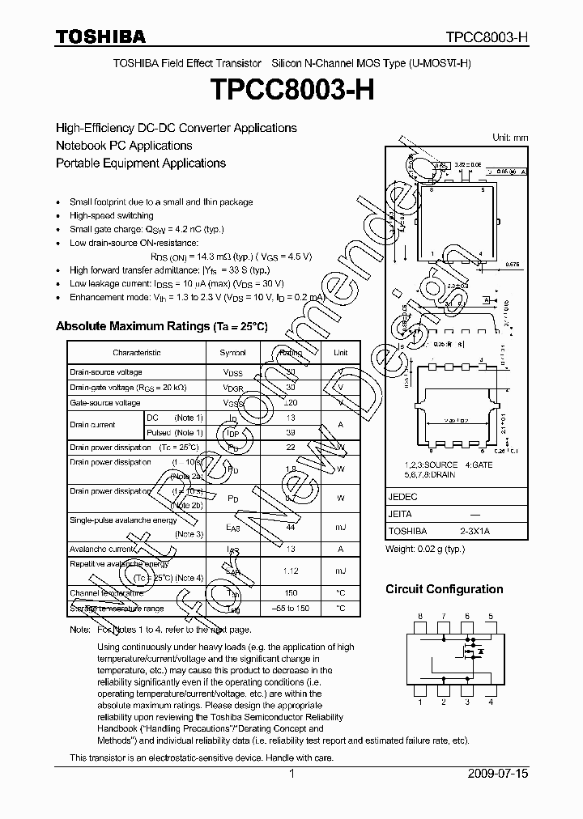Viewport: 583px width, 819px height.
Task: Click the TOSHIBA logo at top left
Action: [x=100, y=36]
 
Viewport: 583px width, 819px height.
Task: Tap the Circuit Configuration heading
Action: [x=444, y=589]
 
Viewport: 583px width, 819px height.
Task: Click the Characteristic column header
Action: [x=137, y=353]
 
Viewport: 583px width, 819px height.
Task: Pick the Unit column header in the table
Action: [x=341, y=353]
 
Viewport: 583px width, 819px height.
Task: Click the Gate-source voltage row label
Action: [x=105, y=402]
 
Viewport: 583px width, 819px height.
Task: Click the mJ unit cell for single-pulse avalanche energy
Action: [x=341, y=527]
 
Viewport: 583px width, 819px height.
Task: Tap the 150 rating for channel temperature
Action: [x=290, y=593]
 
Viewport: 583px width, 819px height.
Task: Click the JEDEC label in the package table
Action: [x=402, y=497]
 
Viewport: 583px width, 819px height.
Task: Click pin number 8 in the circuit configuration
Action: [x=419, y=617]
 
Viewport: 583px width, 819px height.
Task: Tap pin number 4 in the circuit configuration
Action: [x=491, y=702]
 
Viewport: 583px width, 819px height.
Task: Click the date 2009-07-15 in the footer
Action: [x=498, y=774]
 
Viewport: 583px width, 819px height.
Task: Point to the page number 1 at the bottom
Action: [x=291, y=774]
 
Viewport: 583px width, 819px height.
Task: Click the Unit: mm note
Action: [x=510, y=138]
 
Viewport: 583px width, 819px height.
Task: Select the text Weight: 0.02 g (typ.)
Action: [x=425, y=549]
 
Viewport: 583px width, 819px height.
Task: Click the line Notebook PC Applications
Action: [x=124, y=146]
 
